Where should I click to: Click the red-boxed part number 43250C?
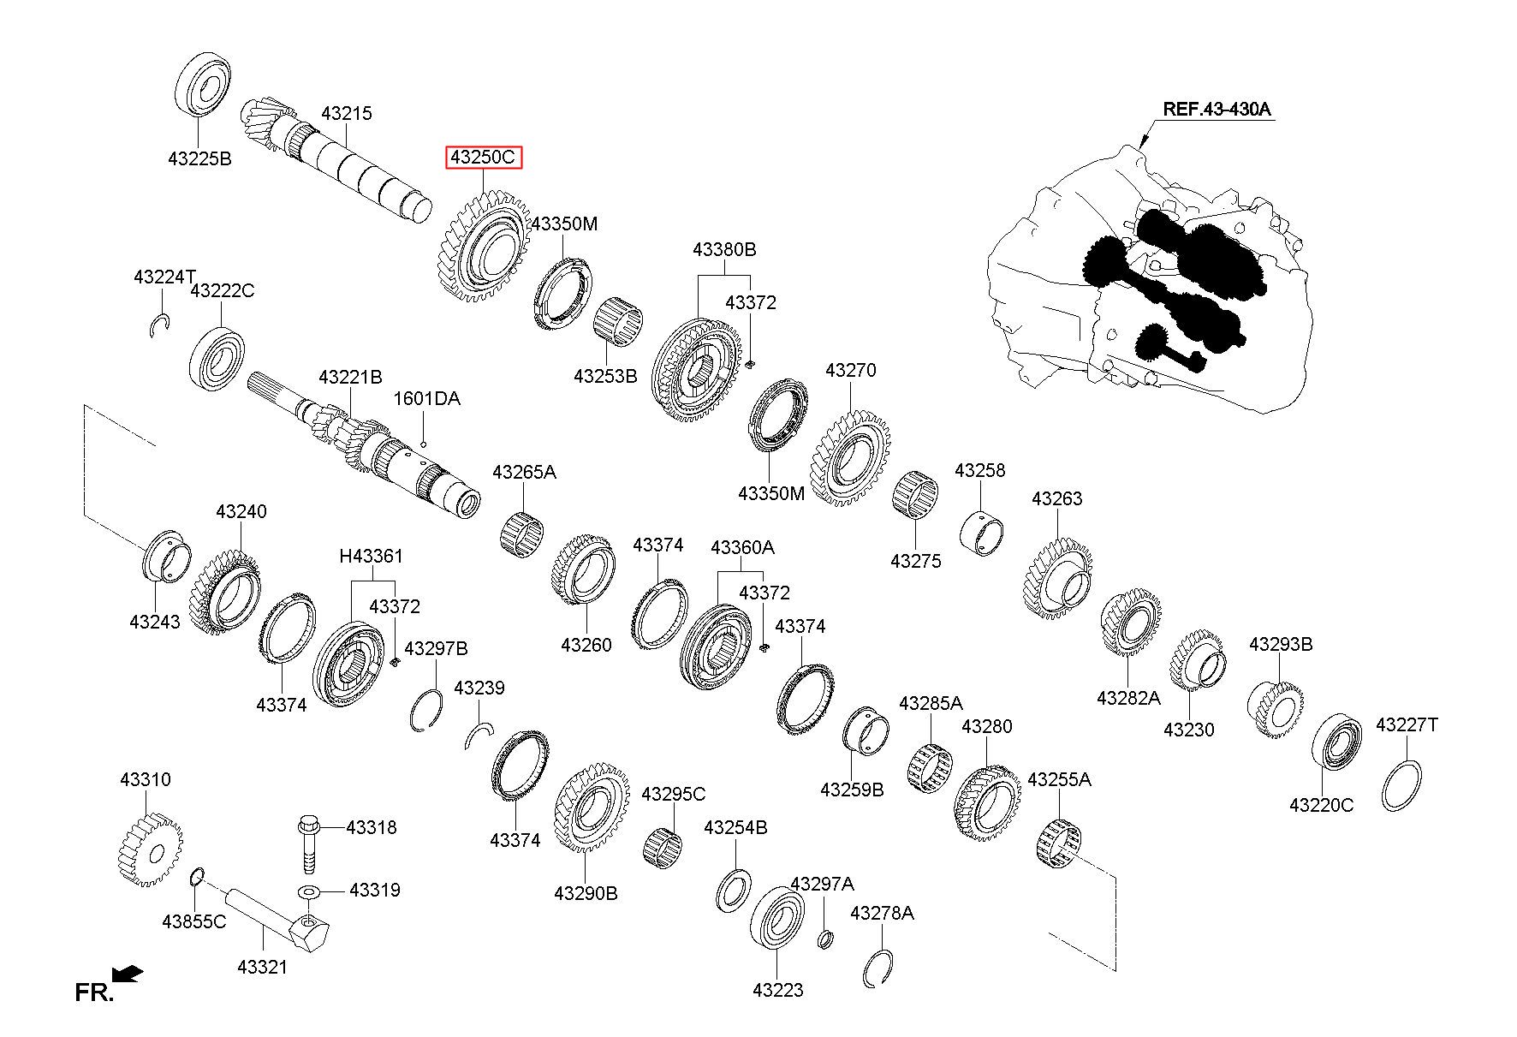483,158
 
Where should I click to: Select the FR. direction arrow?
128,974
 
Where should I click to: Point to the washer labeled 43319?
309,894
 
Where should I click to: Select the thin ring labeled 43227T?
1402,785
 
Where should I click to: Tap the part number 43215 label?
347,113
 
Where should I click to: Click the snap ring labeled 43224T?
160,325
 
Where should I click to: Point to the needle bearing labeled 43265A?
522,533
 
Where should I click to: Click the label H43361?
371,556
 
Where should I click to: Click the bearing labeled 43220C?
1337,742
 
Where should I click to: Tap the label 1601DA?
426,398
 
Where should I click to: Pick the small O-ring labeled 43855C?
195,877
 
